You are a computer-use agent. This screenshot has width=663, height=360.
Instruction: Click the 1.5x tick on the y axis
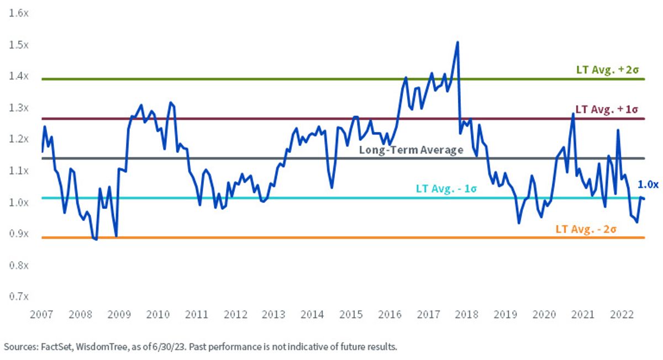point(19,45)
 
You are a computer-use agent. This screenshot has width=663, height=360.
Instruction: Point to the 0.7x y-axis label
point(19,297)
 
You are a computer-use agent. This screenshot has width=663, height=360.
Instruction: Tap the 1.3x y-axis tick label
point(19,108)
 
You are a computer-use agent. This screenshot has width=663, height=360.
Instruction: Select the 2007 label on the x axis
point(41,314)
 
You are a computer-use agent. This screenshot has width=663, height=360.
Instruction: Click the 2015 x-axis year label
point(351,314)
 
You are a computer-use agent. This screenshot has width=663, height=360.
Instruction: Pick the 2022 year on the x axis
point(622,314)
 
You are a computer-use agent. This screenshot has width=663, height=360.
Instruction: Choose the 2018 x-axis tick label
point(467,314)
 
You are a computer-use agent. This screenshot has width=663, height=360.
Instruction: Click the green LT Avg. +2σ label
point(607,70)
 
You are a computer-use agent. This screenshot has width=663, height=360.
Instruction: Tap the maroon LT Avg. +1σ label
point(607,110)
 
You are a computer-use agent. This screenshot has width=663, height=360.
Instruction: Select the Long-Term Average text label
point(411,150)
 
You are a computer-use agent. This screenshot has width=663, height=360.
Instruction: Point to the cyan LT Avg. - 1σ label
point(446,189)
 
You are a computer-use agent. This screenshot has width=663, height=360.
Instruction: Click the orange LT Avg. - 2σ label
point(586,229)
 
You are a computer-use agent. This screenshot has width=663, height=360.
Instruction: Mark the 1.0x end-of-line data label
point(648,184)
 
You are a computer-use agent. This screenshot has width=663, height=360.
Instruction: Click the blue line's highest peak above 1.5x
point(457,42)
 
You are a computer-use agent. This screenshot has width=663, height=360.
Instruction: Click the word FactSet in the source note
point(57,347)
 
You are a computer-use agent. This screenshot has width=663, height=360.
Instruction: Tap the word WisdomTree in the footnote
point(102,347)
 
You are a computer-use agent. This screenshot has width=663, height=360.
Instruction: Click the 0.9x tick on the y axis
point(19,234)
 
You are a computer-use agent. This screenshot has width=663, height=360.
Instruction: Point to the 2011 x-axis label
point(197,314)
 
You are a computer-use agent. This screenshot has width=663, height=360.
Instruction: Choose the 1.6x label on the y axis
point(19,13)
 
